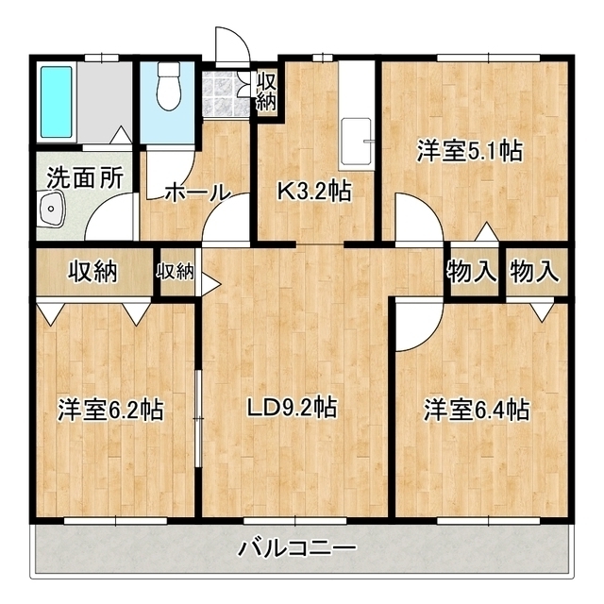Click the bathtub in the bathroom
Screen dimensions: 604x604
click(57, 102)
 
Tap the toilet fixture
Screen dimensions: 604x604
click(169, 86)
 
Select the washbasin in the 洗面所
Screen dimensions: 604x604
click(51, 210)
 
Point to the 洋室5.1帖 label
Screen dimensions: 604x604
click(470, 151)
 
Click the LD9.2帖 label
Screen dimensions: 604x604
click(292, 408)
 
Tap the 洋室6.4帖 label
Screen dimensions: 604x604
click(477, 410)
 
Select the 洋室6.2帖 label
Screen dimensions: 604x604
click(110, 410)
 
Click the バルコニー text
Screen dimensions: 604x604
click(296, 547)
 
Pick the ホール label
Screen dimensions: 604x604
click(197, 193)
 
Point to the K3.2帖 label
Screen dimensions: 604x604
click(314, 191)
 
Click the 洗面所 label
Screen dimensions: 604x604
click(85, 177)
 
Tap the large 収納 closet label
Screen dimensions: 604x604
click(92, 272)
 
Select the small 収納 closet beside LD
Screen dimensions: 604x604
click(175, 273)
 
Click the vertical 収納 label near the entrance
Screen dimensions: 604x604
click(266, 91)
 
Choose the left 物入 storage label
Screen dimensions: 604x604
click(471, 271)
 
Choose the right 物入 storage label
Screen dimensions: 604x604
click(535, 271)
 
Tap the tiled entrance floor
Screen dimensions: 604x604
click(226, 93)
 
